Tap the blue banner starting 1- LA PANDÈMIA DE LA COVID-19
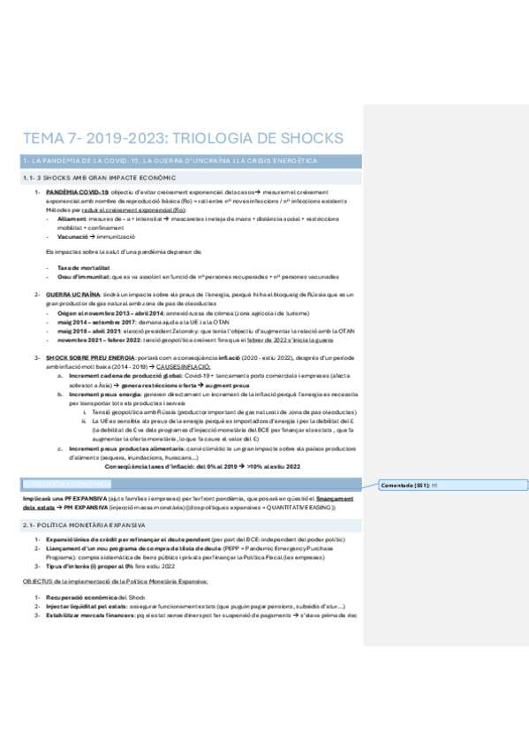168,160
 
